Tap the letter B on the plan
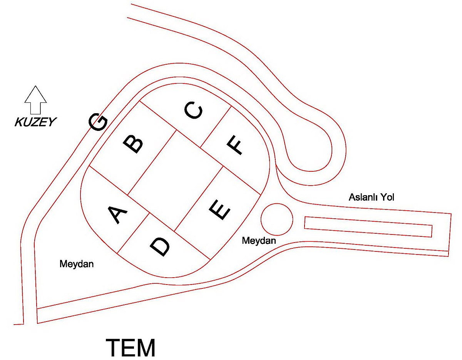(x=133, y=144)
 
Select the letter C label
(x=194, y=110)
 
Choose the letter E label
(x=219, y=210)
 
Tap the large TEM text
(x=131, y=348)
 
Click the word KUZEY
(x=35, y=122)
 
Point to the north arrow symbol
(x=35, y=100)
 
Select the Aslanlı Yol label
(x=371, y=197)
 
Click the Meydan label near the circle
(x=259, y=241)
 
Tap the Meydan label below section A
(x=77, y=264)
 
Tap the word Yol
(x=387, y=197)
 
